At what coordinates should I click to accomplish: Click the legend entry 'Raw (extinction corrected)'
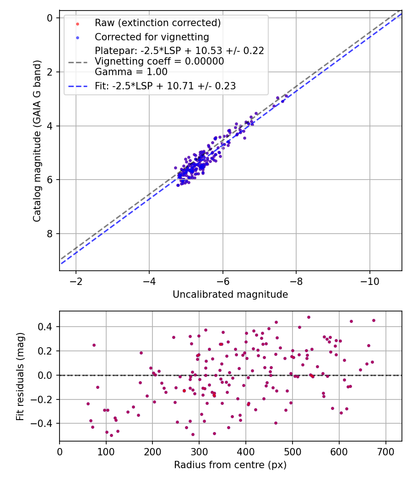point(157,22)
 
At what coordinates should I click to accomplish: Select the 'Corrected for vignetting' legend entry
point(152,37)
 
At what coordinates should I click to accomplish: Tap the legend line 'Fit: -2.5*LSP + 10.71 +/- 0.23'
point(165,86)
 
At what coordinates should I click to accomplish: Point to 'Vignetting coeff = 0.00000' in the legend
point(159,61)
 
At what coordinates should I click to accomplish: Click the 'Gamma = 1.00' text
point(131,72)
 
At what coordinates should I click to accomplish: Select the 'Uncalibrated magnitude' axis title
point(230,295)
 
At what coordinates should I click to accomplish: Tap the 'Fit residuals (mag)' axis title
point(20,376)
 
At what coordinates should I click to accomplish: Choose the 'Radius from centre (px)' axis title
point(230,465)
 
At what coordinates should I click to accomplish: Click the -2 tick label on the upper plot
point(76,280)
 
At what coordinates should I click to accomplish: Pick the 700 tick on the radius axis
point(385,451)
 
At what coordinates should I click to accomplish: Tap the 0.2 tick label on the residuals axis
point(47,351)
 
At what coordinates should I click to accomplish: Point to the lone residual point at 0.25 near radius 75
point(94,345)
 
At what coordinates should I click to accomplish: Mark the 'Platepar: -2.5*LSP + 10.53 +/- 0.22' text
point(179,50)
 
